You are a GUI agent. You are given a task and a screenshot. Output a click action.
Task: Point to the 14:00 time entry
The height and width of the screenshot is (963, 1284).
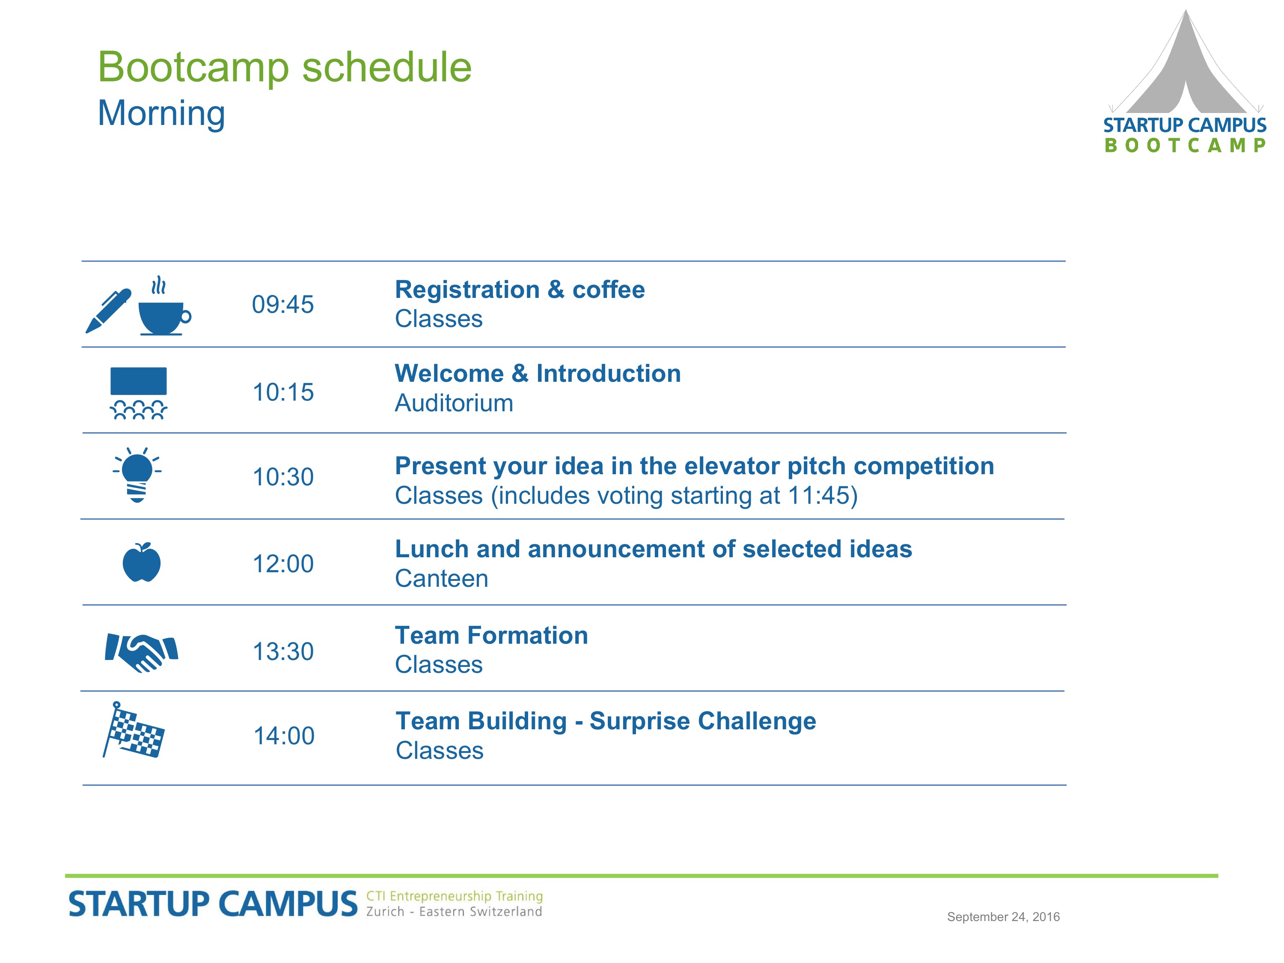(x=284, y=735)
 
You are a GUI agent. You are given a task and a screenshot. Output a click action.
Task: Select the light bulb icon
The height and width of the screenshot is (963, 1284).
(x=137, y=475)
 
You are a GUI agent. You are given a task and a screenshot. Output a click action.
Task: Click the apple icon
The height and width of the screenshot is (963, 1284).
(x=142, y=562)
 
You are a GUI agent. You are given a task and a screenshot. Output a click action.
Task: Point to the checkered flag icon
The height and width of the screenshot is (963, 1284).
(x=134, y=730)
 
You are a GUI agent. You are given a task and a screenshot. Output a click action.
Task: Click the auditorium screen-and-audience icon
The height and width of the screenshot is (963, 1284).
(x=139, y=393)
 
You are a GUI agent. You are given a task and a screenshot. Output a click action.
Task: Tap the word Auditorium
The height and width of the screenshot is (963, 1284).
(x=454, y=403)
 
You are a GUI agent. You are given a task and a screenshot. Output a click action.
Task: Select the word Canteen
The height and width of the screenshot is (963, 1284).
(x=442, y=579)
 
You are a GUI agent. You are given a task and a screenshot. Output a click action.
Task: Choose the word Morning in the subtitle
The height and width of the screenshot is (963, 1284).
(x=161, y=113)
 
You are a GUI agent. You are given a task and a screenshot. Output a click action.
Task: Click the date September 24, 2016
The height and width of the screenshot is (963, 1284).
(x=1004, y=917)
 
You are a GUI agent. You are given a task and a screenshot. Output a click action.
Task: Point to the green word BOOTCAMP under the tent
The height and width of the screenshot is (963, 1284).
(x=1185, y=145)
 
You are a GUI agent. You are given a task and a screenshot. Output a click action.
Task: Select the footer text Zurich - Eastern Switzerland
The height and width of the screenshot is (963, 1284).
(x=455, y=912)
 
